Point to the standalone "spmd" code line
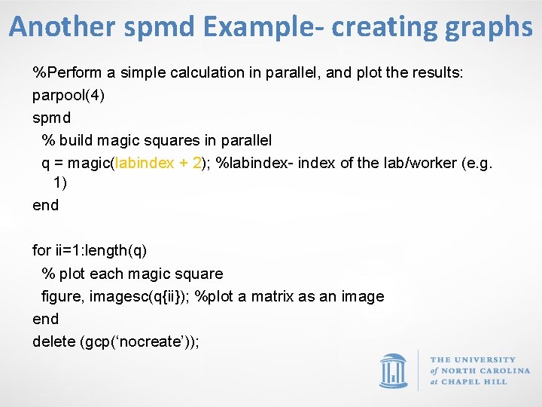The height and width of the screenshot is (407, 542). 52,118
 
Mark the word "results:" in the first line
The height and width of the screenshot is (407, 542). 437,73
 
